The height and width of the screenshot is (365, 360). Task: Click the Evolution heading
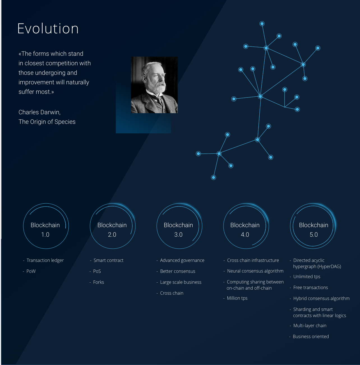pos(48,29)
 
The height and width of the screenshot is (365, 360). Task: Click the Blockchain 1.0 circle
pos(23,226)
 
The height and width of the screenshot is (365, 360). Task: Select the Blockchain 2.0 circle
pos(90,226)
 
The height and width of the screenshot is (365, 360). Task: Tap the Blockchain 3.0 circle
pos(157,226)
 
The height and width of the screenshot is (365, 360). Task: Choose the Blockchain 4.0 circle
pos(224,226)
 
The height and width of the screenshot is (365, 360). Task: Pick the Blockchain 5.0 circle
pos(290,226)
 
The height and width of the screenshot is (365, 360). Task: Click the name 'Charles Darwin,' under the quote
pos(40,112)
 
